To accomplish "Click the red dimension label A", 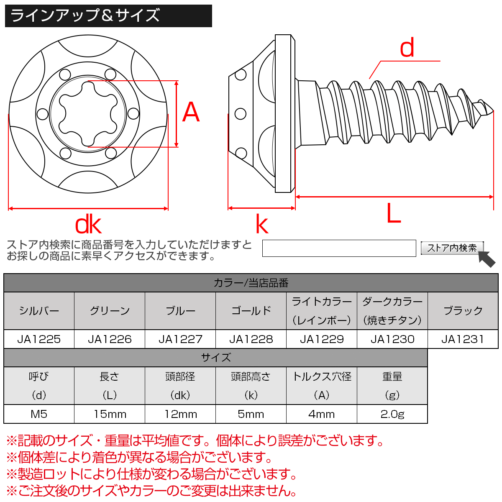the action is coord(191,113).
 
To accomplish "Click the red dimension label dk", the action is coord(88,225).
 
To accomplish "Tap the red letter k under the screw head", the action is coord(262,225).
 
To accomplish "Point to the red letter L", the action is coord(393,214).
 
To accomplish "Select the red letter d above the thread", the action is coord(407,48).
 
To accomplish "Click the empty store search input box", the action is coord(339,248).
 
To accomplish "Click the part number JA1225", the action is coord(39,339).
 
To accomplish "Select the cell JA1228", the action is coord(251,339).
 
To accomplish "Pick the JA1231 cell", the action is coord(463,339).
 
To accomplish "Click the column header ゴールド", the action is coord(251,311).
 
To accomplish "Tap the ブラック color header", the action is coord(463,311).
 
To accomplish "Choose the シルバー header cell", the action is coord(39,311).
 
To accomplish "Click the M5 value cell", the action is coord(39,414).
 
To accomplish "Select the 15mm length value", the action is coord(110,414).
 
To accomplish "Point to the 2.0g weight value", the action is coord(392,414).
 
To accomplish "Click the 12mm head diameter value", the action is coord(180,414).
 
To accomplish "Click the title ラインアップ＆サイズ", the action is coord(85,16).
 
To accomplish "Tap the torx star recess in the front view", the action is coord(88,113).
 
